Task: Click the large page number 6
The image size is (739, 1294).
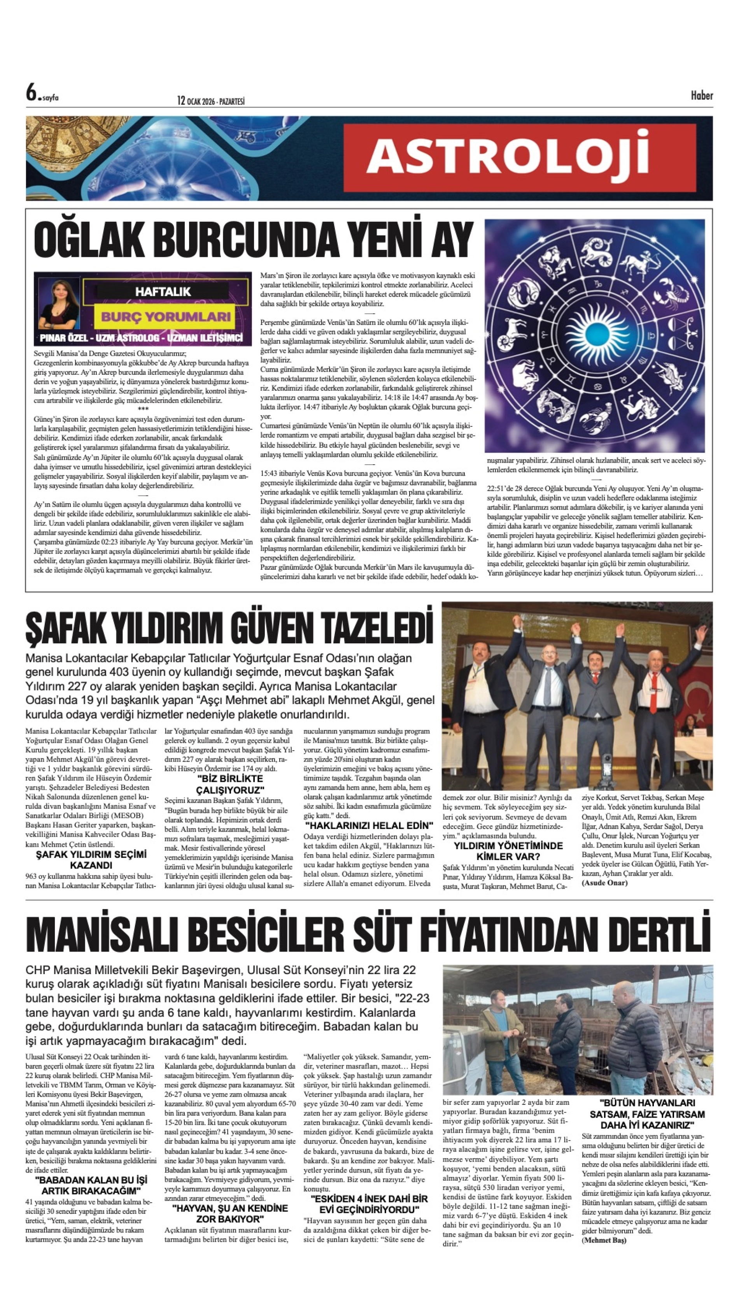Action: [32, 93]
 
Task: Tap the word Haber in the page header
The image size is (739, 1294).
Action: [701, 95]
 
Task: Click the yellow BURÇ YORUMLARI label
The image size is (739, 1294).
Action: [166, 316]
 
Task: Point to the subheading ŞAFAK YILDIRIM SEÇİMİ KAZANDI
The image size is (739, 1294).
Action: [91, 860]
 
